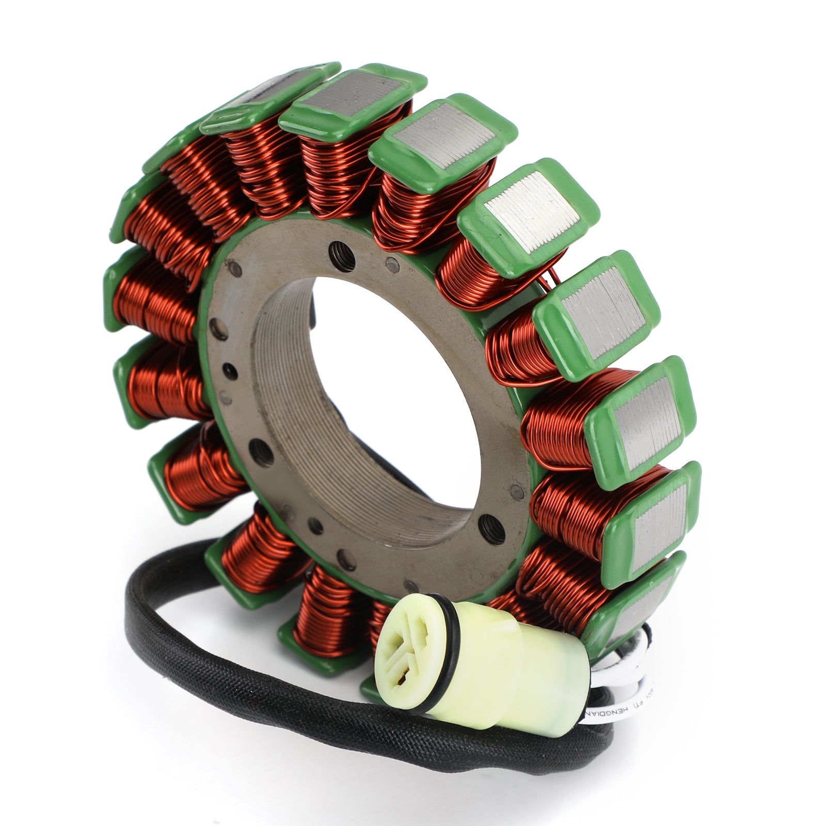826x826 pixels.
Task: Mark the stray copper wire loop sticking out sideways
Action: (x=550, y=276)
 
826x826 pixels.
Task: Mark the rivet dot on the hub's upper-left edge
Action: (x=235, y=268)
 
